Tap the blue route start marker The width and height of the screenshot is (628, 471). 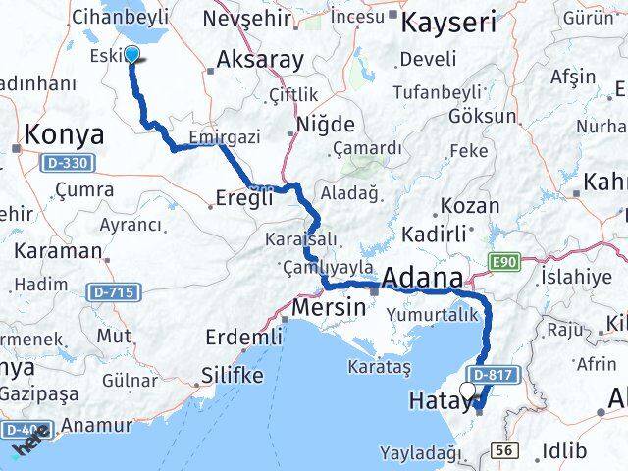[x=132, y=56]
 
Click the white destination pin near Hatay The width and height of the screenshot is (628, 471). [x=466, y=390]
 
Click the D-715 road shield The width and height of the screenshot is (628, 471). [x=114, y=291]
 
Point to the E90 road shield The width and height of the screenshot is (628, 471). [x=504, y=260]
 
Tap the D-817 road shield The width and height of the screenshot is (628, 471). [x=492, y=376]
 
